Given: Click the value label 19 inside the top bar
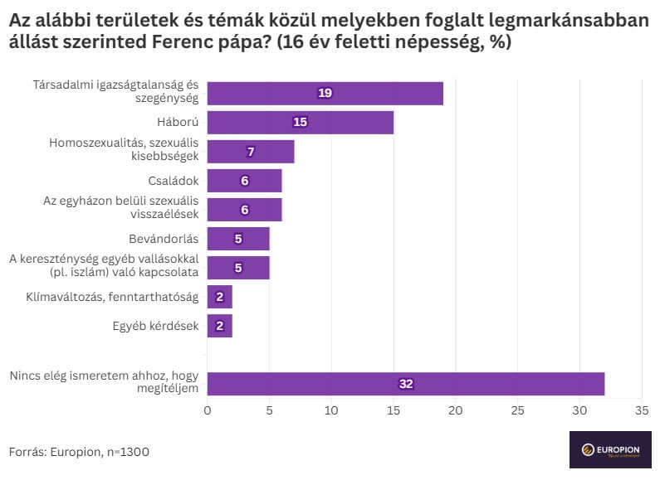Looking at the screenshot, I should click(x=325, y=93).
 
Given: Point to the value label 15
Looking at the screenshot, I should click(x=300, y=123).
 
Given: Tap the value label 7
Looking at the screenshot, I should click(x=250, y=152).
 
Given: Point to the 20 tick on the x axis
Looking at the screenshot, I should click(x=456, y=410).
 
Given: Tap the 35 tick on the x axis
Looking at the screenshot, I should click(x=642, y=410).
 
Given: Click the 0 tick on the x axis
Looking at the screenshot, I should click(x=208, y=410).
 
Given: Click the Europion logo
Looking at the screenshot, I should click(x=611, y=450).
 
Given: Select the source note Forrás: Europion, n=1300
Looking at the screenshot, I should click(x=80, y=452).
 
